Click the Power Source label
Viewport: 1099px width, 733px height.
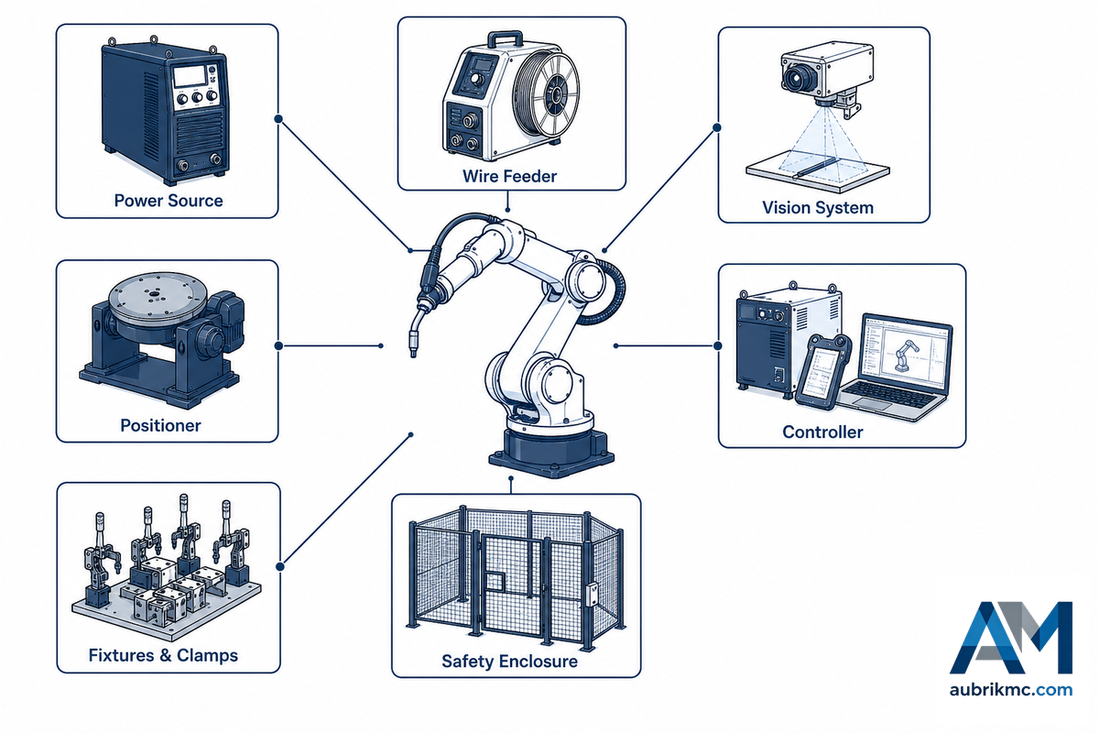pyautogui.click(x=169, y=201)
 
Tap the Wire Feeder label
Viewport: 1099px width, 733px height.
pyautogui.click(x=509, y=176)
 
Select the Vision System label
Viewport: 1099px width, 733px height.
pyautogui.click(x=818, y=208)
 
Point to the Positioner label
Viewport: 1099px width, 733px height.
pyautogui.click(x=160, y=425)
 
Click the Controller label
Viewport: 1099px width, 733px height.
pyautogui.click(x=822, y=432)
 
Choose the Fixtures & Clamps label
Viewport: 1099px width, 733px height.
pyautogui.click(x=163, y=655)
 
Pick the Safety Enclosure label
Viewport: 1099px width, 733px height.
pyautogui.click(x=509, y=662)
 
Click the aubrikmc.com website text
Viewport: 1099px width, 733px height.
pyautogui.click(x=1011, y=690)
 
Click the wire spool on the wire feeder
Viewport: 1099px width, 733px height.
pyautogui.click(x=546, y=93)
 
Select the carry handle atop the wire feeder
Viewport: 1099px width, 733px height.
pyautogui.click(x=506, y=38)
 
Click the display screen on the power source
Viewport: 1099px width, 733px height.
pyautogui.click(x=190, y=76)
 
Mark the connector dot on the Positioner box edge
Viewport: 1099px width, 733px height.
pyautogui.click(x=278, y=345)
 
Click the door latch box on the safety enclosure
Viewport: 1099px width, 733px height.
pyautogui.click(x=593, y=595)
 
